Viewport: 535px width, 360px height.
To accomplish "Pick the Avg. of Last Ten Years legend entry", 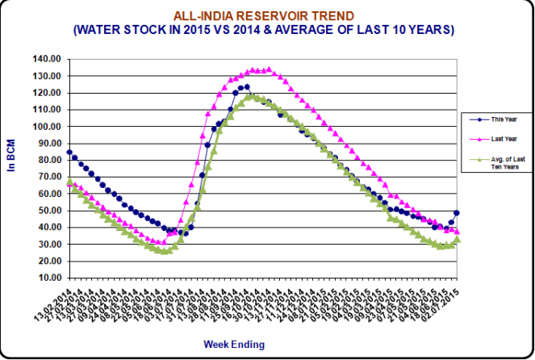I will coord(505,164).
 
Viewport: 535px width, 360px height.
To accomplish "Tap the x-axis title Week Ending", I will coord(233,344).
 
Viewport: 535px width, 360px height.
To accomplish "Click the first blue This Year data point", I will coord(69,152).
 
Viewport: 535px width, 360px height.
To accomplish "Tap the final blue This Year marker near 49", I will coord(458,213).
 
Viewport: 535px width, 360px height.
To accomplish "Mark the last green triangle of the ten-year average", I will coord(458,240).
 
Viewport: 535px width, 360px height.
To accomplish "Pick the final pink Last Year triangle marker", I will coord(458,232).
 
